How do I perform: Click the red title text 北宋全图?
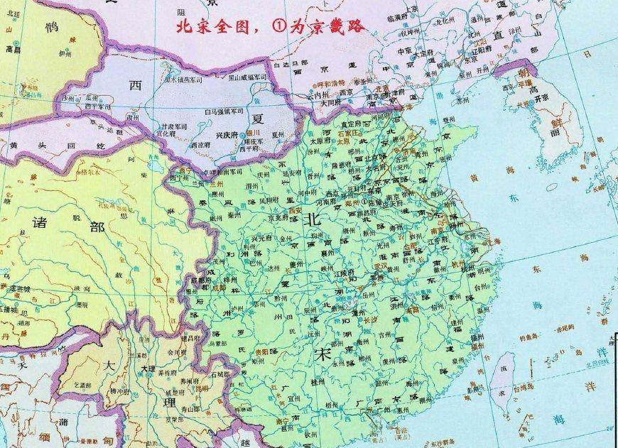208,28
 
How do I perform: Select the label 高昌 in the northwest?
13,50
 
